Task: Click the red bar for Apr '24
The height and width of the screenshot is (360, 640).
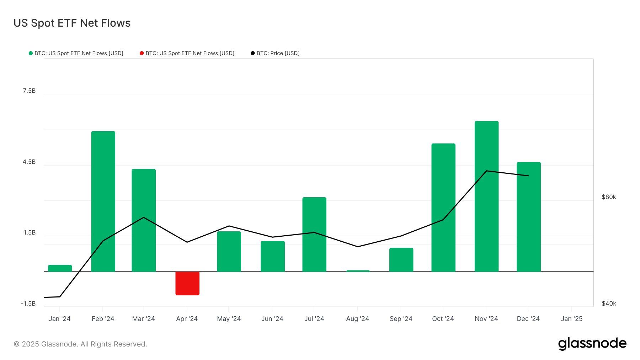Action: (187, 283)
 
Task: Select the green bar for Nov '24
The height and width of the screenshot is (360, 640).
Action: (486, 196)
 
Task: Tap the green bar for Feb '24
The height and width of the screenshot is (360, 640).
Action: (103, 201)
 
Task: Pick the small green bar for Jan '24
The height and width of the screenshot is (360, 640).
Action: (60, 268)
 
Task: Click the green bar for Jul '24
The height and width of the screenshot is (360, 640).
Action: (314, 234)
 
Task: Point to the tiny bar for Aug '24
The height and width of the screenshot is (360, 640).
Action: (358, 271)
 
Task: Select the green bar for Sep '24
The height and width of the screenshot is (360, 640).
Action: (401, 259)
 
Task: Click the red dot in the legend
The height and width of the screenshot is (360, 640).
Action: (142, 53)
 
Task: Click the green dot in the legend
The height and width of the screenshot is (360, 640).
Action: (31, 53)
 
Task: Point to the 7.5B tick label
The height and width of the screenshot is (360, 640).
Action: (29, 91)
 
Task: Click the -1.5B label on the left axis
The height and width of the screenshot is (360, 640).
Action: (28, 303)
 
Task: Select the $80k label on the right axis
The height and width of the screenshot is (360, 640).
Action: (609, 197)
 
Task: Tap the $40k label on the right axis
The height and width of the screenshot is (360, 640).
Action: (609, 303)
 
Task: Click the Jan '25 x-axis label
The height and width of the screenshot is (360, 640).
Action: (571, 319)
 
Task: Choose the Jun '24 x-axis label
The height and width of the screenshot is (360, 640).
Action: (272, 319)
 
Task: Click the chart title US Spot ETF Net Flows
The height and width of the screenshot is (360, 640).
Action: (72, 23)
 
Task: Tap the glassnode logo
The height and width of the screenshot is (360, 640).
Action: (592, 344)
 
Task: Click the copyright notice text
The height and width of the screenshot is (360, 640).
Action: (80, 344)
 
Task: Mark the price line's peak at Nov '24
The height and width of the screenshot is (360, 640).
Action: (486, 171)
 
